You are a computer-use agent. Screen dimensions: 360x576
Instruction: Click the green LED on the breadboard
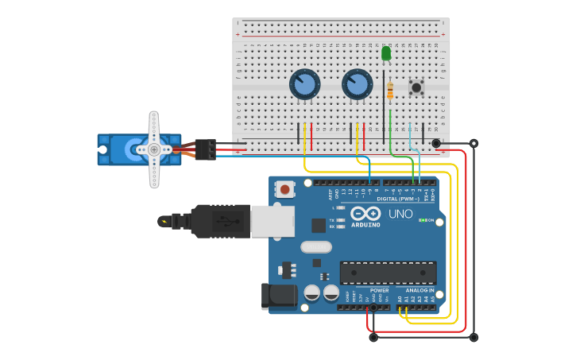pyautogui.click(x=386, y=53)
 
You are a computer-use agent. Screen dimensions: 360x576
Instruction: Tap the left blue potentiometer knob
pyautogui.click(x=304, y=83)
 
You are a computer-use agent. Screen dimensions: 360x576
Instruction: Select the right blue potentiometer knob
pyautogui.click(x=357, y=83)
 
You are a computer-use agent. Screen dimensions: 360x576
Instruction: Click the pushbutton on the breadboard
pyautogui.click(x=416, y=86)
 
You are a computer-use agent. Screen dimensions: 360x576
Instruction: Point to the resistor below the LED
pyautogui.click(x=389, y=91)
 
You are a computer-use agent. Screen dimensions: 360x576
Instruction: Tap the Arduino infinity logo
pyautogui.click(x=366, y=214)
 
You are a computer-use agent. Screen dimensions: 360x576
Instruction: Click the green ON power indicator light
pyautogui.click(x=423, y=220)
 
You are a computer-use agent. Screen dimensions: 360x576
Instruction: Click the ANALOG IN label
pyautogui.click(x=420, y=290)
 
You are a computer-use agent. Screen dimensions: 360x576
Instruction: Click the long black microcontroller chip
pyautogui.click(x=388, y=273)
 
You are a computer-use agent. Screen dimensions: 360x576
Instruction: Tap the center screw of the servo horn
pyautogui.click(x=154, y=149)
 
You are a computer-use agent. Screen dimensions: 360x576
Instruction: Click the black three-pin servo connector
pyautogui.click(x=205, y=149)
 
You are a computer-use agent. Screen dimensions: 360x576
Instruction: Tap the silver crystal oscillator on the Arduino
pyautogui.click(x=315, y=246)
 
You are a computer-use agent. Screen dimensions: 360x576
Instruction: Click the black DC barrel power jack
pyautogui.click(x=279, y=296)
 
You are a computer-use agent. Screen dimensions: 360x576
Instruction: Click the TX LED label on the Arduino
pyautogui.click(x=331, y=220)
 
